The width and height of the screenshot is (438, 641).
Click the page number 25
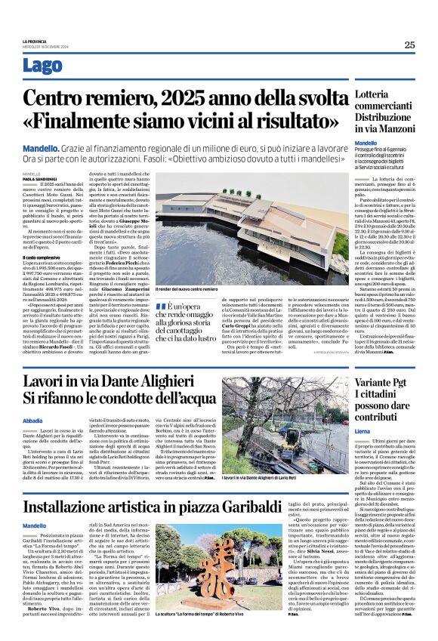(x=409, y=45)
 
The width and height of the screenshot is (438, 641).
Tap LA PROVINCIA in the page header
(x=34, y=41)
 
